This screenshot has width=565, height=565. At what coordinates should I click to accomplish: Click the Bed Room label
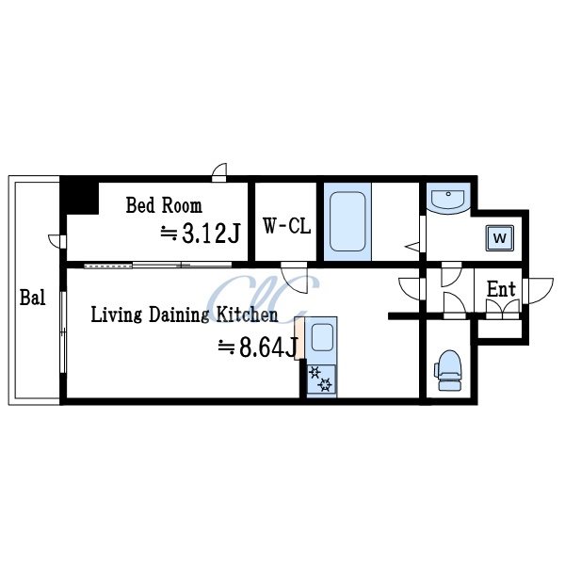click(x=164, y=205)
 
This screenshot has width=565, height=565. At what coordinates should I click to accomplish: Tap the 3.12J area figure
click(x=211, y=234)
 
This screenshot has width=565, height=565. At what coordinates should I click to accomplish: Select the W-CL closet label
click(x=287, y=226)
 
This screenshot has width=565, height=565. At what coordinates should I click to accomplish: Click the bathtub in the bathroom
click(x=347, y=221)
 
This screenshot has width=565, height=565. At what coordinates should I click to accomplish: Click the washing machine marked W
click(x=500, y=238)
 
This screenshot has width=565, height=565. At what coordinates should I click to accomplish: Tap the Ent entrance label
click(x=501, y=289)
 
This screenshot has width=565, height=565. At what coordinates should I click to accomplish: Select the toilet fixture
click(x=448, y=370)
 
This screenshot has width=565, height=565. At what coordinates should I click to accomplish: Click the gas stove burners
click(x=321, y=379)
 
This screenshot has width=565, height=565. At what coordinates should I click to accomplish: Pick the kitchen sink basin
click(x=322, y=337)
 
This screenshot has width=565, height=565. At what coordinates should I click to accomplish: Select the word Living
click(x=116, y=315)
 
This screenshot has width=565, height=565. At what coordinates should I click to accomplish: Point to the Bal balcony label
click(x=32, y=298)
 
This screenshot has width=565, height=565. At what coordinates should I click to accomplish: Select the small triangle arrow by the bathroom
click(x=412, y=247)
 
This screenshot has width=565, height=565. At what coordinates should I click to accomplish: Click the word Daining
click(x=179, y=315)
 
